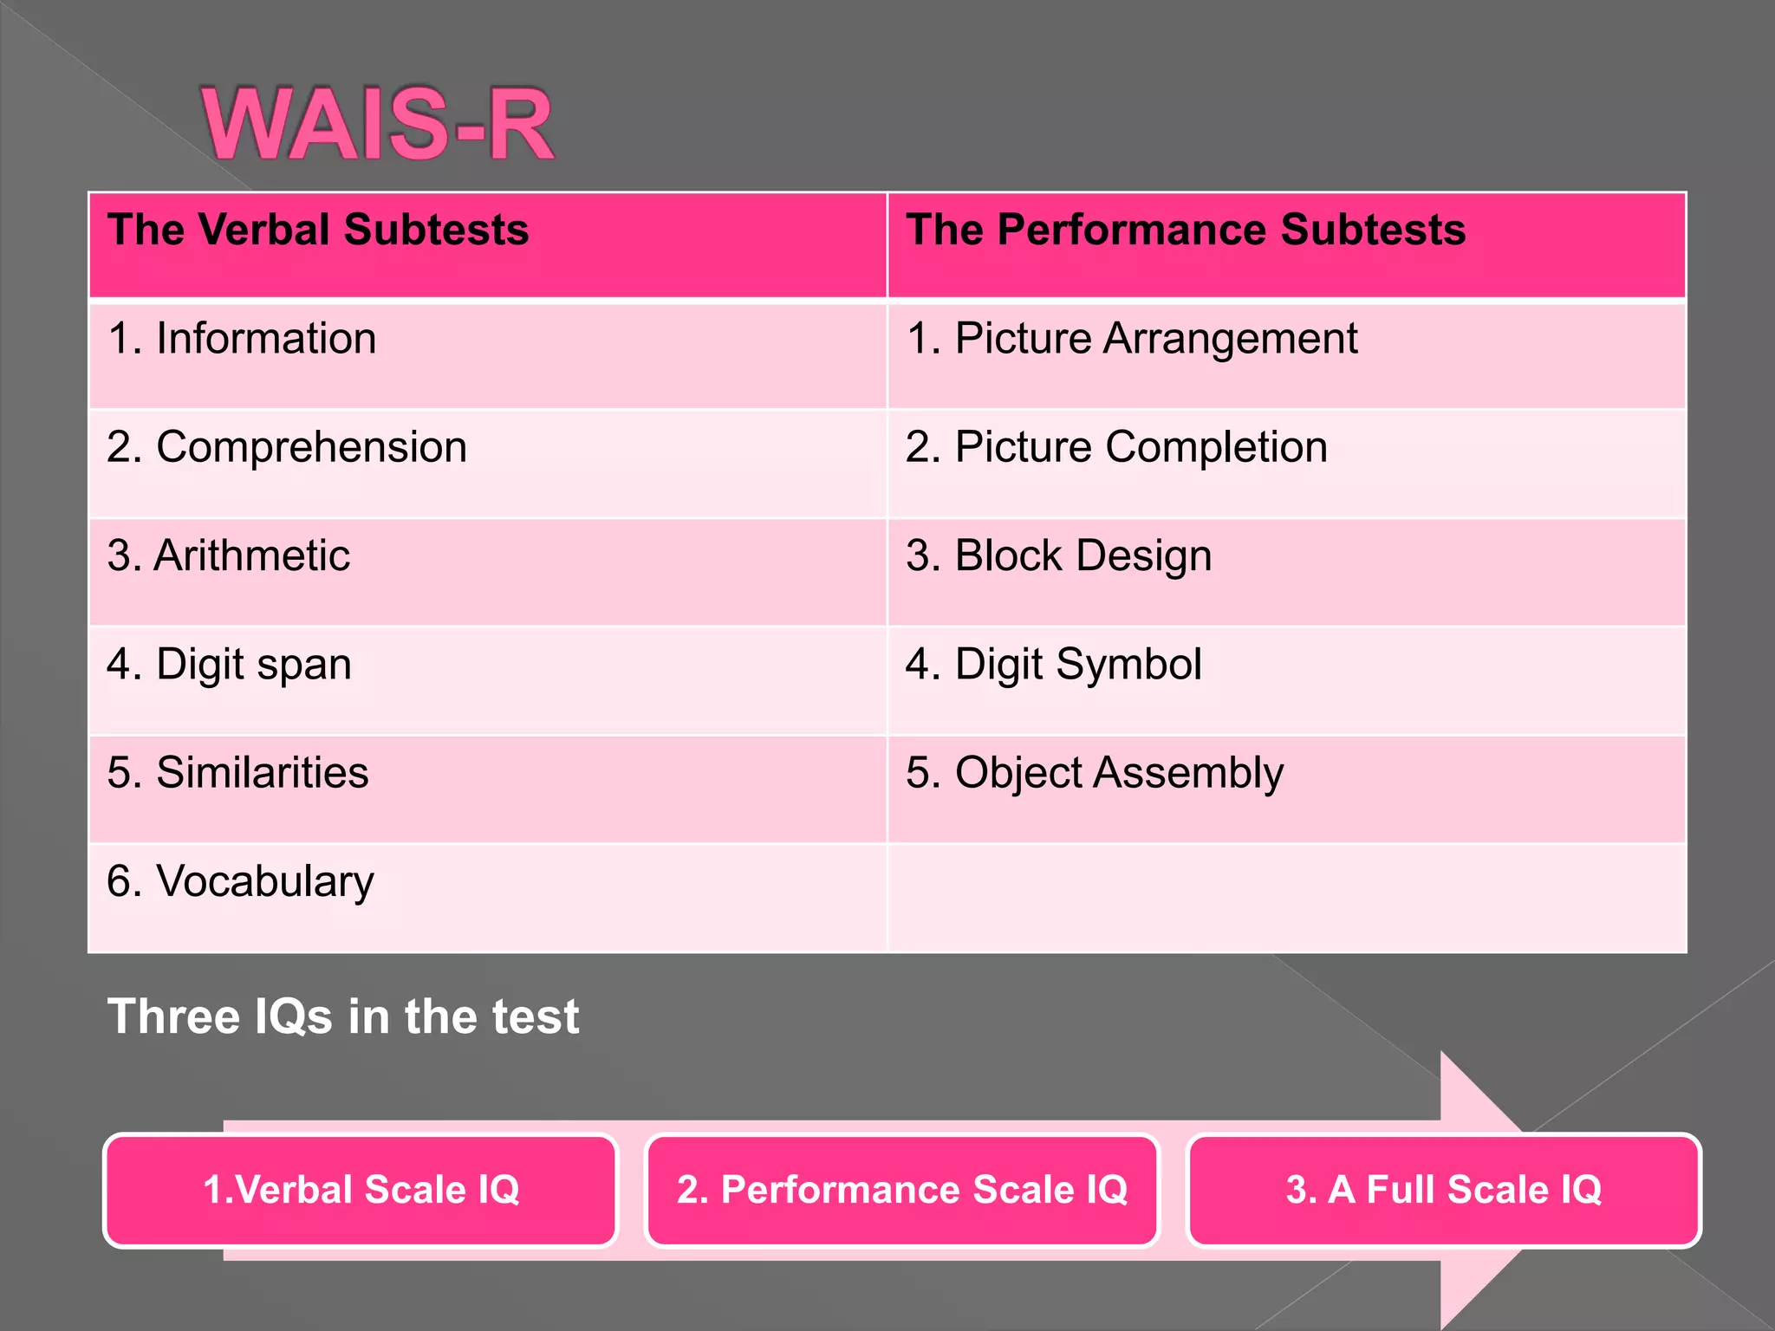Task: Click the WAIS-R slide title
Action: [x=378, y=124]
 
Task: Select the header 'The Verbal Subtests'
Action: [x=318, y=230]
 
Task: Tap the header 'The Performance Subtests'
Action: [x=1186, y=230]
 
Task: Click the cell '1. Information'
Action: [x=242, y=339]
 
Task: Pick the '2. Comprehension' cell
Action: [x=287, y=447]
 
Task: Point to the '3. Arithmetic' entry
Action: [x=229, y=555]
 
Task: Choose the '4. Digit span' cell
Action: [x=229, y=665]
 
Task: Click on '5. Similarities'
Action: [x=237, y=772]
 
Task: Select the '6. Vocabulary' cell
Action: [x=240, y=881]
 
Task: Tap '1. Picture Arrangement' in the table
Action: [x=1131, y=339]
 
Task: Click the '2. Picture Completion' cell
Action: [x=1116, y=447]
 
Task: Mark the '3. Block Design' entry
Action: [x=1058, y=555]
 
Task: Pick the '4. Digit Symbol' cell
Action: [x=1053, y=665]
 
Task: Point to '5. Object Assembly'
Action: [x=1094, y=772]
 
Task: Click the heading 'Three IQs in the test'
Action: [x=343, y=1016]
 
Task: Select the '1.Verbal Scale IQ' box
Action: [x=361, y=1190]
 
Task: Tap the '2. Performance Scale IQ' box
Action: [x=901, y=1190]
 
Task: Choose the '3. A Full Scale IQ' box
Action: [x=1443, y=1190]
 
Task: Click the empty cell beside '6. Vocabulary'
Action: [x=1286, y=898]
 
